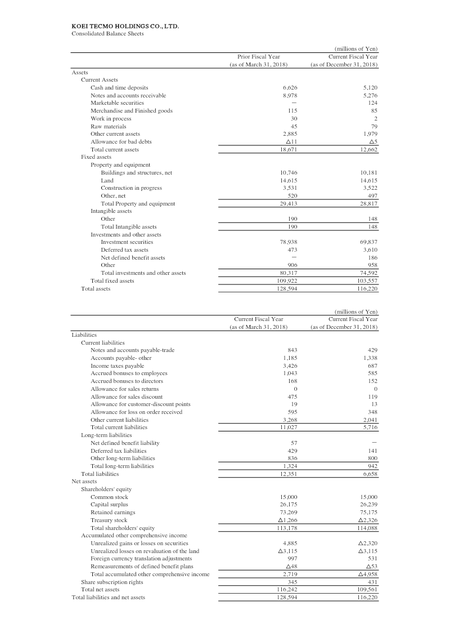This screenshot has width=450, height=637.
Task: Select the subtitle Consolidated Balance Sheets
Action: [107, 33]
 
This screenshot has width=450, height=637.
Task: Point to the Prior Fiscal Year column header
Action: [259, 56]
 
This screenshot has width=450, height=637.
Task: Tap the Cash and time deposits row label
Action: [119, 87]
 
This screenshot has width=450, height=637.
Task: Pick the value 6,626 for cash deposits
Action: [289, 87]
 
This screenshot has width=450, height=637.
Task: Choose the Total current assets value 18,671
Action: [288, 149]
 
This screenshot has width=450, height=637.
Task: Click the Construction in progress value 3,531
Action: [289, 188]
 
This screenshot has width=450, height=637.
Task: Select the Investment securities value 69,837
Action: [368, 242]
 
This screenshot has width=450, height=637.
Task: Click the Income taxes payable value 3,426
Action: [289, 366]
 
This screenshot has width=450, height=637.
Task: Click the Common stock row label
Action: [109, 497]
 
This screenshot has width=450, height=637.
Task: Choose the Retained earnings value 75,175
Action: [368, 513]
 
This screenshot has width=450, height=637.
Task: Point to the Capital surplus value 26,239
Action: [368, 505]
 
